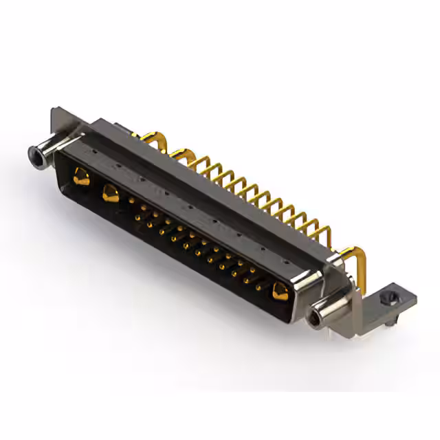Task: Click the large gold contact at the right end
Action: tap(279, 291)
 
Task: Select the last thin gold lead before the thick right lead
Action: tap(318, 227)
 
